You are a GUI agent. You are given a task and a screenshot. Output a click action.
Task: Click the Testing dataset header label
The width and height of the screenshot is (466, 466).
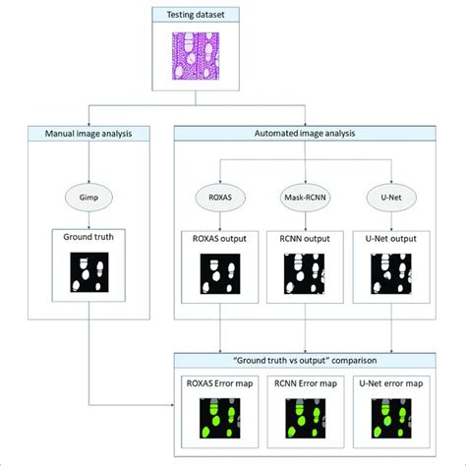click(x=233, y=13)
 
